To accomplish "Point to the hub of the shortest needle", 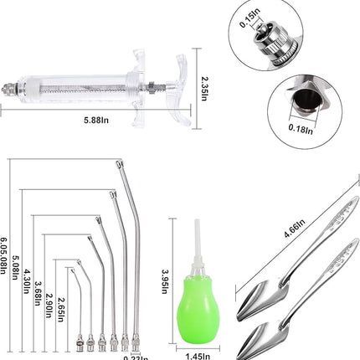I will click(77, 341).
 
